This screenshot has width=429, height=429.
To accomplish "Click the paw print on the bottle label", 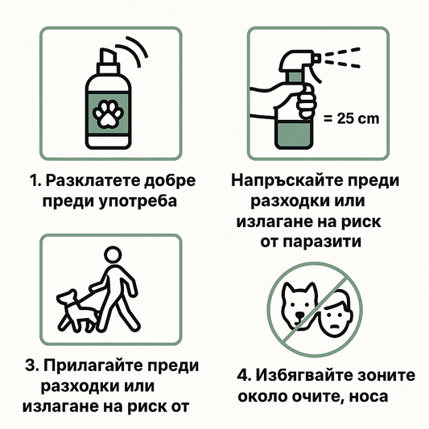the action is coord(109,114).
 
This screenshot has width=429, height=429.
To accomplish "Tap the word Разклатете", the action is coord(93,181).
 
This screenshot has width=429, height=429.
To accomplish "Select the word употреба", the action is coord(138,202).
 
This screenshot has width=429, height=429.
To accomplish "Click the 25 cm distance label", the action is coord(351,119).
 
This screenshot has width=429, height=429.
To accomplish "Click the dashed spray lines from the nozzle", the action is coord(343,57).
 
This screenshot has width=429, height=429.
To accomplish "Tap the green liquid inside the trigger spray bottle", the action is coord(294,134).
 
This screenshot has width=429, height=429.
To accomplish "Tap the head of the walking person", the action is coord(113,255).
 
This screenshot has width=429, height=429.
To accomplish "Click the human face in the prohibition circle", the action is coord(336,313).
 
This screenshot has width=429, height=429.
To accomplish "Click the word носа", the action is coord(369,397).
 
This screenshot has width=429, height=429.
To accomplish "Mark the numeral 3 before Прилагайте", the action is coord(30,365).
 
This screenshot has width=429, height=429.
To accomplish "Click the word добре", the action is coord(170,181).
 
